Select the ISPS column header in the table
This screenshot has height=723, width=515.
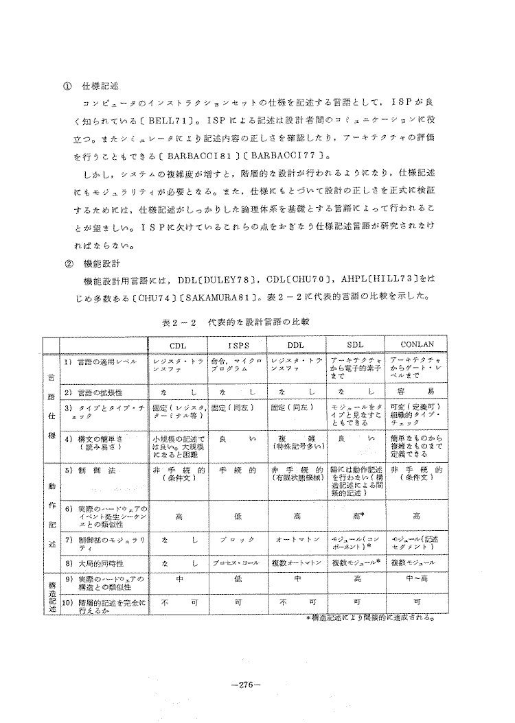pyautogui.click(x=238, y=344)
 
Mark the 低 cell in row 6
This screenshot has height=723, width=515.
pyautogui.click(x=238, y=514)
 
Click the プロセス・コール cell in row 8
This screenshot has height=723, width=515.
pyautogui.click(x=238, y=562)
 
